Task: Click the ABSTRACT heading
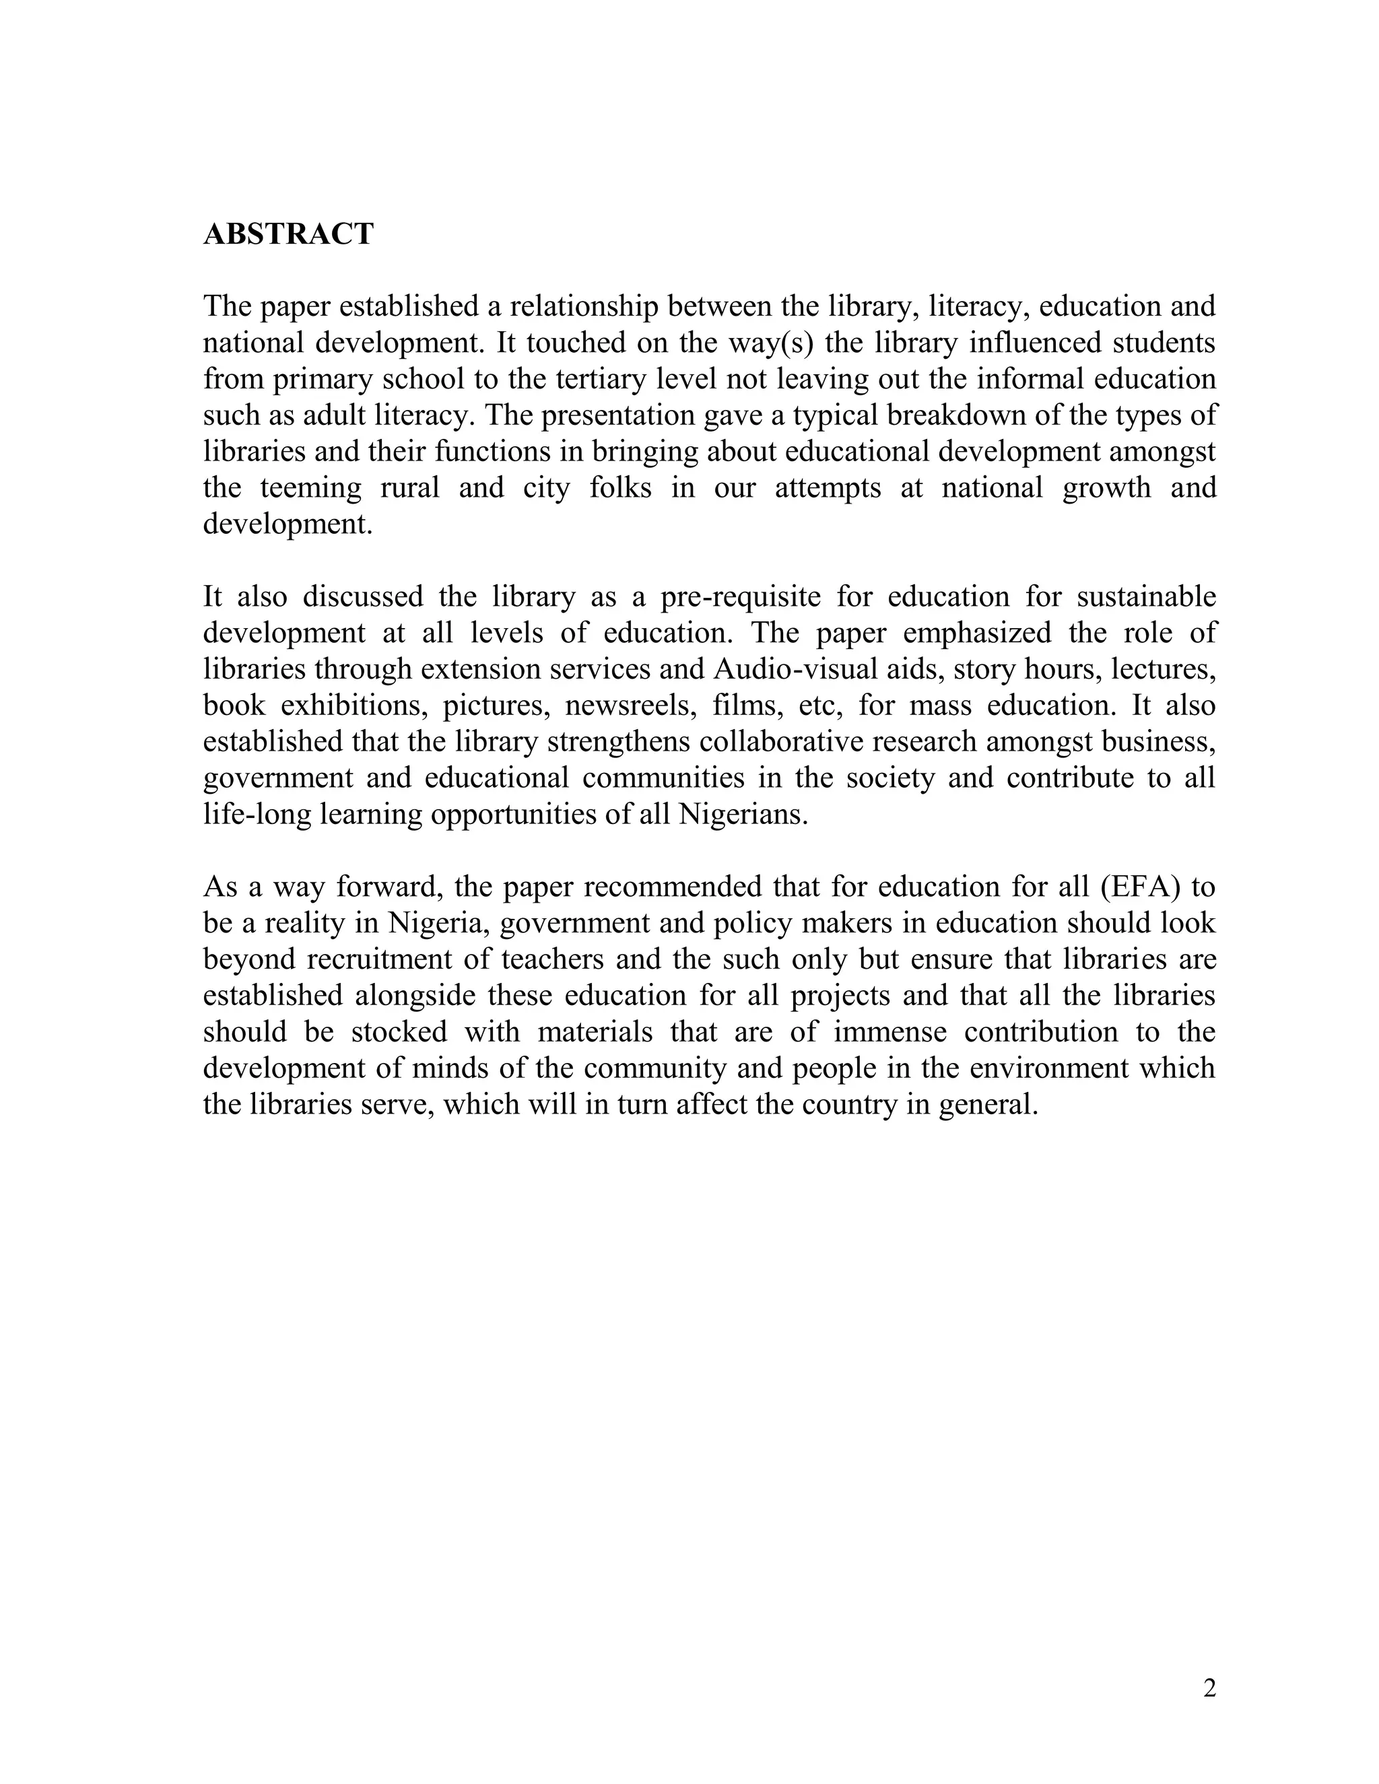coord(288,234)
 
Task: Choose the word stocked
coord(399,1031)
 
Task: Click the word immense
coord(889,1031)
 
